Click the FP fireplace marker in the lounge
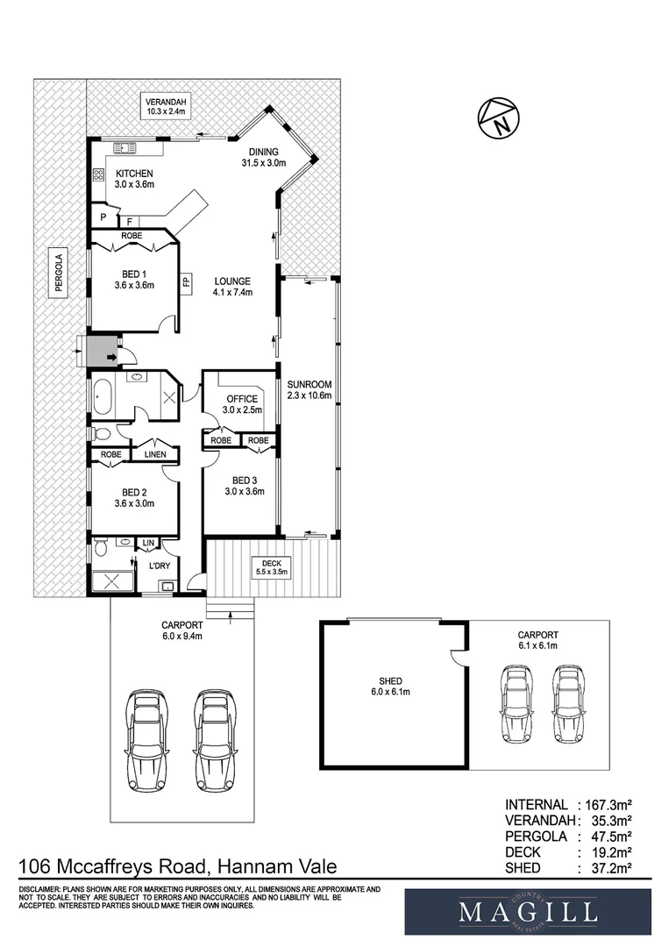point(186,282)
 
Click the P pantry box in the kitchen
point(103,217)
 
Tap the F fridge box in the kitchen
point(130,222)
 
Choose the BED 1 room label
point(133,279)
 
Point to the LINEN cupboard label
point(155,455)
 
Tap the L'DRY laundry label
point(160,566)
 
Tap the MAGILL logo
point(527,912)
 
